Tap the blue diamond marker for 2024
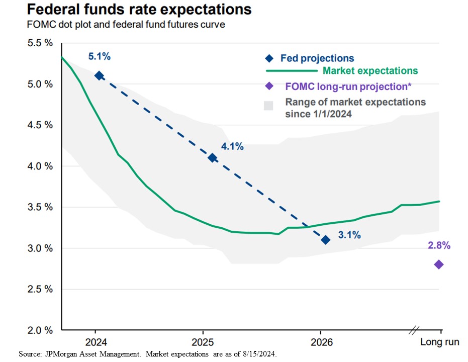[x=99, y=75]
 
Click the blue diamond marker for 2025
[x=213, y=158]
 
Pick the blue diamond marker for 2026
[x=326, y=240]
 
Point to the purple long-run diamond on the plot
[x=438, y=264]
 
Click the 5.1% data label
[x=99, y=57]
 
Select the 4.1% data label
[x=232, y=147]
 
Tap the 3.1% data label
[x=349, y=235]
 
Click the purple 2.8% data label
[x=439, y=246]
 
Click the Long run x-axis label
[x=439, y=342]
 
